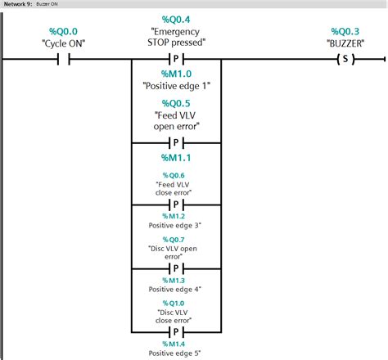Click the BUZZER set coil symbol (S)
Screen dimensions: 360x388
click(345, 59)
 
